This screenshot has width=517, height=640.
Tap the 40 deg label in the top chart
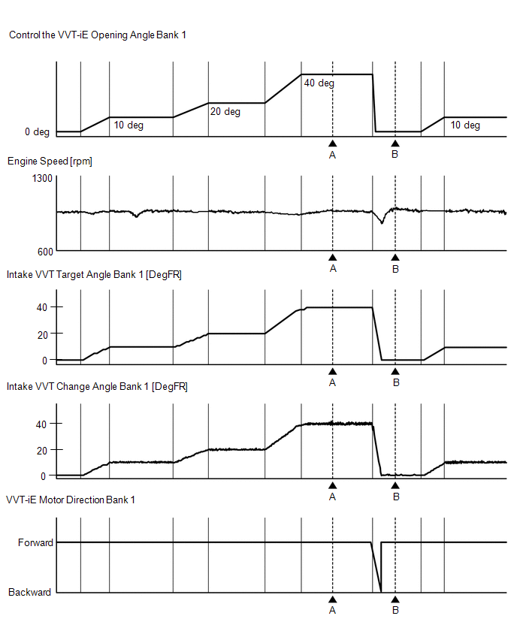click(319, 83)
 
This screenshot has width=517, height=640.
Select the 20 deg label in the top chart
click(225, 112)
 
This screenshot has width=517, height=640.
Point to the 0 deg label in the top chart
click(37, 132)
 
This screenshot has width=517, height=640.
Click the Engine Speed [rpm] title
click(50, 162)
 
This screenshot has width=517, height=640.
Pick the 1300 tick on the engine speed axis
click(42, 178)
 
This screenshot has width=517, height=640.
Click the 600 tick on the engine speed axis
click(44, 251)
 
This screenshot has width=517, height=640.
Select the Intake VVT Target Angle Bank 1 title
click(94, 275)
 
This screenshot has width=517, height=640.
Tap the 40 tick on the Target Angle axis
click(42, 307)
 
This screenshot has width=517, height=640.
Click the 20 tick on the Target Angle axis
click(42, 334)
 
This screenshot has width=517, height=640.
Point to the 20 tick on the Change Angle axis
click(42, 450)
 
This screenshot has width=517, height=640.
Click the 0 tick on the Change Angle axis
click(45, 475)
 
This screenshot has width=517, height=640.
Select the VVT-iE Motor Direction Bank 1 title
click(71, 500)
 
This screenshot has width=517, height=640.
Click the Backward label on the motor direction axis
click(30, 593)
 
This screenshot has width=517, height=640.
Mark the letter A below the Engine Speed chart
click(333, 268)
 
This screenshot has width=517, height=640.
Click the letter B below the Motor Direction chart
click(396, 611)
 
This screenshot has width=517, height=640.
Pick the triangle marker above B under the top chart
click(395, 143)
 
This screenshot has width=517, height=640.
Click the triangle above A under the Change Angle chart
click(333, 485)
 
